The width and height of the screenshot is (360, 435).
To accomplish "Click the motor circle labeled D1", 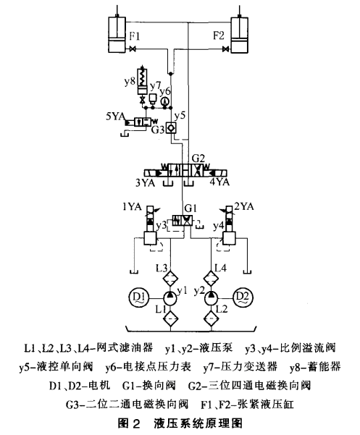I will [139, 297].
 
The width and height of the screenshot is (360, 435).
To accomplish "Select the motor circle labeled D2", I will [242, 297].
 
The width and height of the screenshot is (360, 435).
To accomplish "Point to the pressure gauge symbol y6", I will [165, 101].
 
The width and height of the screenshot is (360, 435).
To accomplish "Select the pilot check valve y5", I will [171, 127].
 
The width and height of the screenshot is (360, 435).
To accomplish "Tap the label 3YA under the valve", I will [147, 182].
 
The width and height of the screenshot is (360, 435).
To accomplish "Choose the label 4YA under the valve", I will [219, 182].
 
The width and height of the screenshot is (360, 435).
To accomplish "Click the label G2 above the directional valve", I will [198, 157].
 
